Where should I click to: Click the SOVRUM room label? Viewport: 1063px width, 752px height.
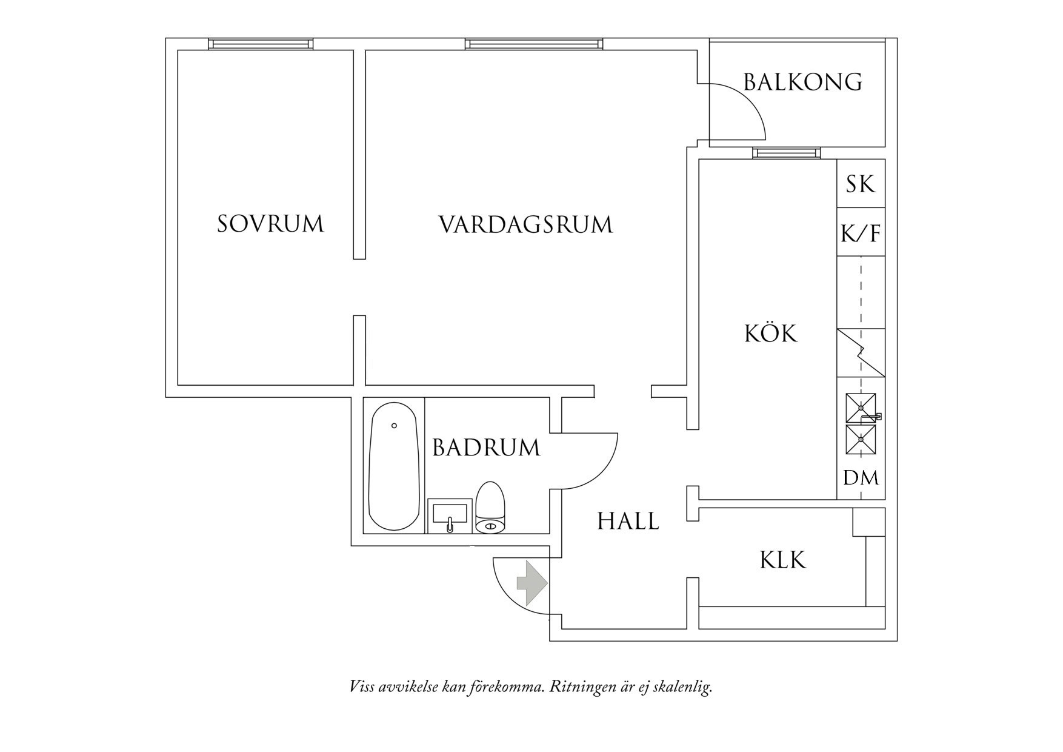coord(270,224)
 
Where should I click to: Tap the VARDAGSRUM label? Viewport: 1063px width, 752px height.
coord(525,224)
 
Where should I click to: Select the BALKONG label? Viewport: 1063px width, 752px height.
coord(802,82)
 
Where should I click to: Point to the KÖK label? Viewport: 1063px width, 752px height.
coord(770,334)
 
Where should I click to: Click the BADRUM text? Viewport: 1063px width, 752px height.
coord(485,448)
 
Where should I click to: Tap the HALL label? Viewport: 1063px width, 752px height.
coord(628,521)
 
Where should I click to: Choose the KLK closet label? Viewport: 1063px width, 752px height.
coord(782,560)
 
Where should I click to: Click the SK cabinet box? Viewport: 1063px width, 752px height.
coord(861,184)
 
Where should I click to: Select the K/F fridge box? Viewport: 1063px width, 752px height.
coord(861,233)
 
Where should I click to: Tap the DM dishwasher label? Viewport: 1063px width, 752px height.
coord(861,478)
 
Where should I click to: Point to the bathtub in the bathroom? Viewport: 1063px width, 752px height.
coord(394,467)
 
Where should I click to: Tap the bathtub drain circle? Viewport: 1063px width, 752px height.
coord(394,426)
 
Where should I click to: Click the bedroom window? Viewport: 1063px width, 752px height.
coord(261,44)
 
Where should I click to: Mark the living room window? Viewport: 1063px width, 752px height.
coord(534,44)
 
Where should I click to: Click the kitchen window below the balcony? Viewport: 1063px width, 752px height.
coord(787,153)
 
